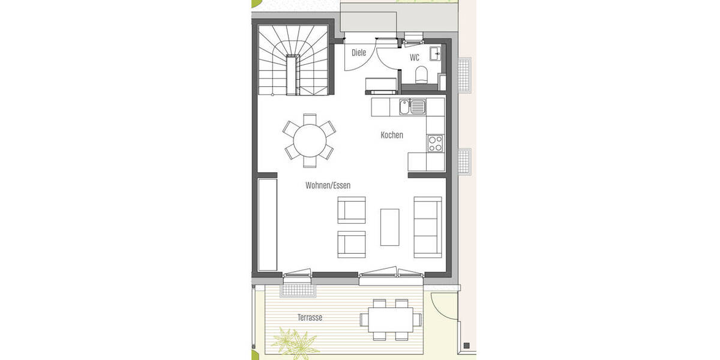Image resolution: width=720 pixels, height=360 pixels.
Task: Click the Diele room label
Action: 359,53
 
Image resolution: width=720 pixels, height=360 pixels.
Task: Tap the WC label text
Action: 415,58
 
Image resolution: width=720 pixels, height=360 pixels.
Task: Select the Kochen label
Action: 392,135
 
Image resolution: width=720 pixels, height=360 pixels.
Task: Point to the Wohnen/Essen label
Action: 328,185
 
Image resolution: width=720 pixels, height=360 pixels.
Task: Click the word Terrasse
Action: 310,317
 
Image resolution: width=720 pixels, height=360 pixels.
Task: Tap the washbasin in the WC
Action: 436,53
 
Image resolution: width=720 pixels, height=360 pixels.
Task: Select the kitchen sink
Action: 412,108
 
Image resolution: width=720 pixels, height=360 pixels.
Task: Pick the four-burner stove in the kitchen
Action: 435,143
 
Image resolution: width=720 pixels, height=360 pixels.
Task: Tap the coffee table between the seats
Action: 390,226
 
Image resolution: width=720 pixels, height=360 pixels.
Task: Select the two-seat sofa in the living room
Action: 428,226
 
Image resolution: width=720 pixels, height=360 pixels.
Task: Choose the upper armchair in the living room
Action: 352,210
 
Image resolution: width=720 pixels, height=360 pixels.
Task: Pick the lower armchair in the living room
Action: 352,244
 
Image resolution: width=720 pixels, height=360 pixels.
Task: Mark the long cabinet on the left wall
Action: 268,223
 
